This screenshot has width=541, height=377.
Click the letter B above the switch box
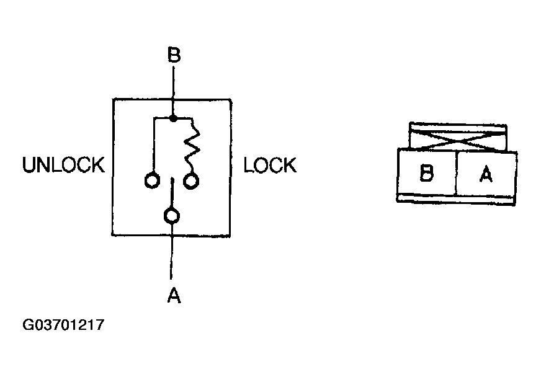click(174, 56)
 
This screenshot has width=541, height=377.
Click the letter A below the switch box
click(174, 297)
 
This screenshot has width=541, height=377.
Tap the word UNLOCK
click(63, 166)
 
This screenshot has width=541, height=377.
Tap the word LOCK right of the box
click(270, 166)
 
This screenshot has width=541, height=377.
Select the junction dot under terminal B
click(174, 117)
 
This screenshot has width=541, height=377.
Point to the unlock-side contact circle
click(151, 181)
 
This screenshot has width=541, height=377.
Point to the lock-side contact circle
click(192, 180)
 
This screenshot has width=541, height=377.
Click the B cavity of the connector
click(426, 173)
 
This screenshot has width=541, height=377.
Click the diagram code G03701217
click(63, 325)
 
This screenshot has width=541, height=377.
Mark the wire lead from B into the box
click(174, 84)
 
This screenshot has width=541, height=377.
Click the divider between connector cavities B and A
click(456, 172)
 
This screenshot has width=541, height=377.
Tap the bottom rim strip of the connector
click(456, 198)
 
